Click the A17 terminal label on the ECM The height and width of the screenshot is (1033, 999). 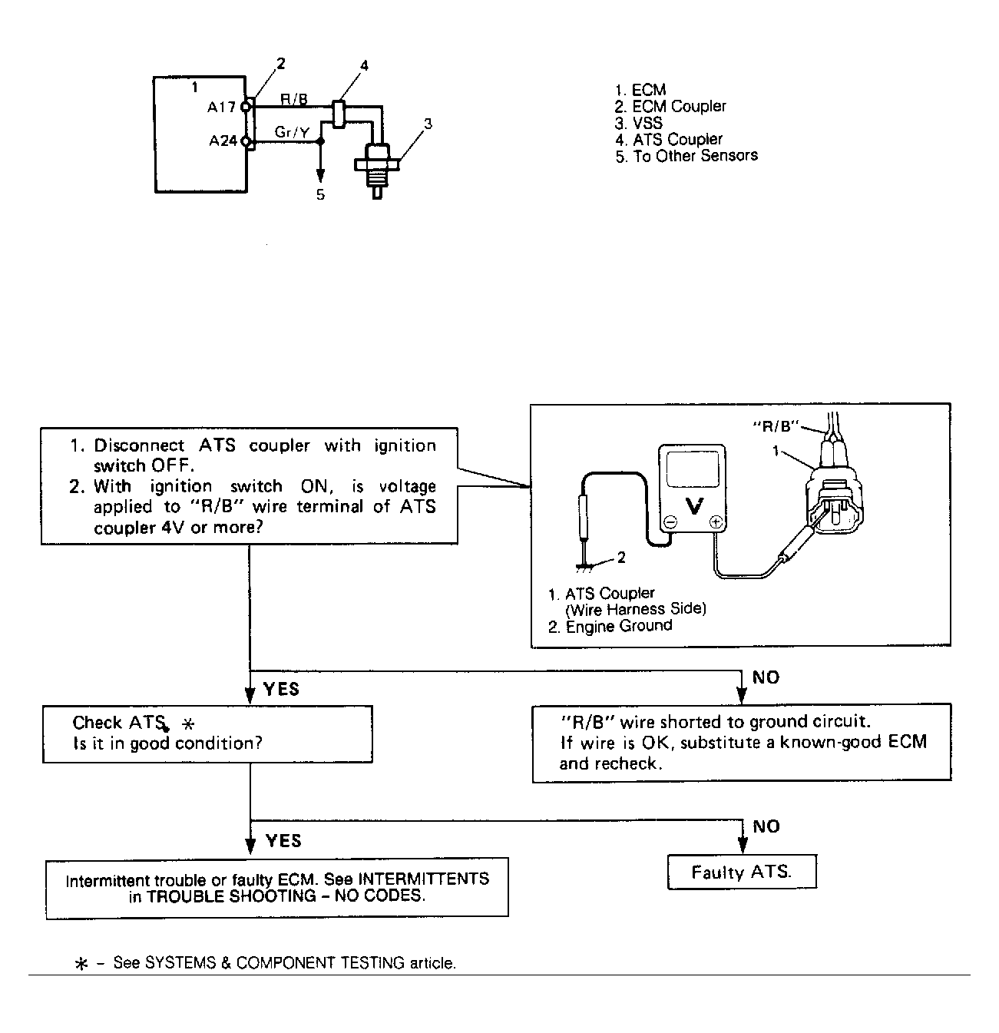pos(221,108)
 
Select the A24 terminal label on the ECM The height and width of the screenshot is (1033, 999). pos(223,141)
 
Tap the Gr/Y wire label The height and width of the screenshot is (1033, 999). pos(292,133)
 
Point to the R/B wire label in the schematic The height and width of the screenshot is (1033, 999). pos(294,99)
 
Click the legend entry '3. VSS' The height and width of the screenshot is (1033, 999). pos(638,123)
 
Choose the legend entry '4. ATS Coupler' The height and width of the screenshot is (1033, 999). pos(668,140)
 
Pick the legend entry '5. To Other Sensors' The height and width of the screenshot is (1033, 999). pos(686,156)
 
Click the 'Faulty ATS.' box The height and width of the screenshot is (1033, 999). pos(741,872)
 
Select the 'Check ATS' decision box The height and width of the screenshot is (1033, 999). pos(207,733)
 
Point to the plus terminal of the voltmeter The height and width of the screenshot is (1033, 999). pos(716,522)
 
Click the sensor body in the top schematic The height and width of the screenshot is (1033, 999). pos(376,165)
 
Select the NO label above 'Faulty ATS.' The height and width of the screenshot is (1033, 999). pos(766,826)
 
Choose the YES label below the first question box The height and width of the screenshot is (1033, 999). pos(281,689)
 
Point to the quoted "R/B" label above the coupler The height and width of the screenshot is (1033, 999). pos(775,425)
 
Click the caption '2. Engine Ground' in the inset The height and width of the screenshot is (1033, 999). pos(610,626)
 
